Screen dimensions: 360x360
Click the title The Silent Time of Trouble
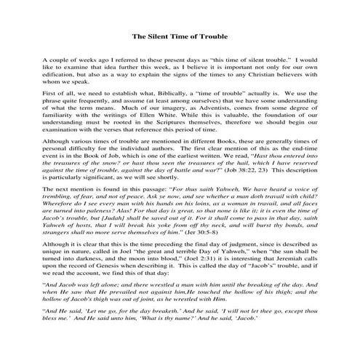(x=180, y=36)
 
